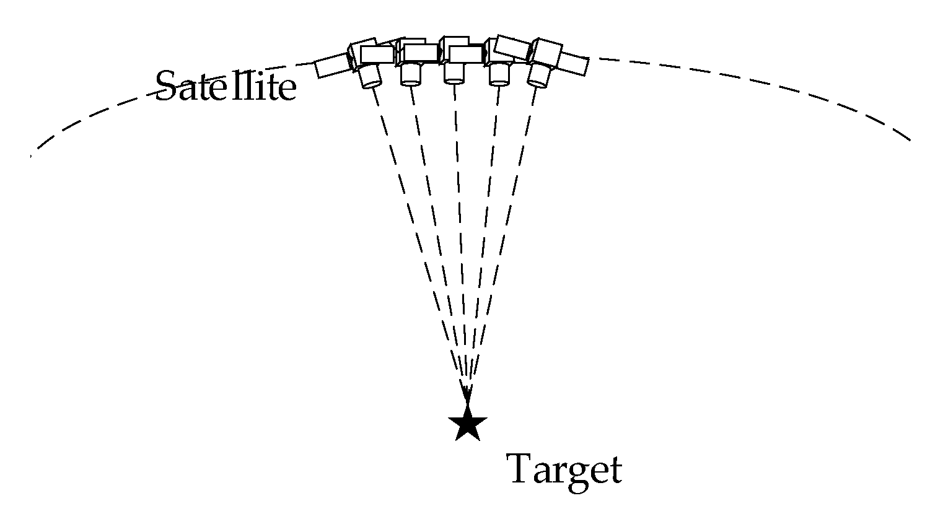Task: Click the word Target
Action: coord(564,470)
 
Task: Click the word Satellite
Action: coord(226,86)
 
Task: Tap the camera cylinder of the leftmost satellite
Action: coord(370,76)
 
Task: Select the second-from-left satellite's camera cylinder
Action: coord(410,74)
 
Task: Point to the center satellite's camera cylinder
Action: coord(454,74)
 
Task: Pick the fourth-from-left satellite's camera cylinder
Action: coord(499,75)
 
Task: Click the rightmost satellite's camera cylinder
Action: coord(538,75)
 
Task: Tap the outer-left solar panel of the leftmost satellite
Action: coord(332,66)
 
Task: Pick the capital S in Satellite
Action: coord(166,85)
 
